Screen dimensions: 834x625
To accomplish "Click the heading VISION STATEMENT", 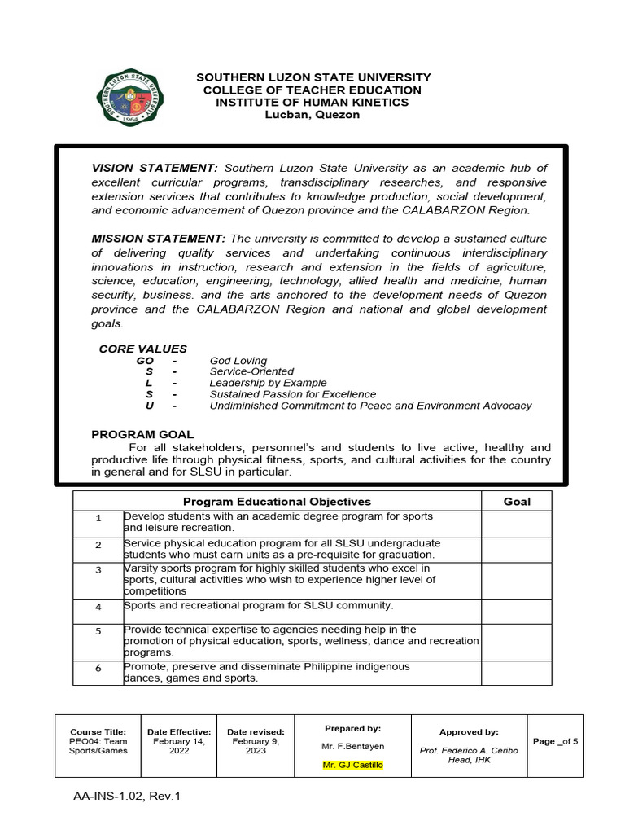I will (x=155, y=168).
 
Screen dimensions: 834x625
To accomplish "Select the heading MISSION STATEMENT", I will (x=158, y=238).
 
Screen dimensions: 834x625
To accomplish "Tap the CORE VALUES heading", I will (x=142, y=349).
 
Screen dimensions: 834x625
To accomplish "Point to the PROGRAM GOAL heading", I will (x=142, y=434).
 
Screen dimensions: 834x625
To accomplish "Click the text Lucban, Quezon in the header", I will (x=312, y=115).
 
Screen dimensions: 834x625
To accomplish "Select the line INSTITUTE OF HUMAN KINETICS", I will (x=312, y=103).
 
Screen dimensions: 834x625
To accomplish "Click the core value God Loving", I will (x=238, y=361).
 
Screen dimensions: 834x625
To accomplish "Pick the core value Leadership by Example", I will (x=268, y=383).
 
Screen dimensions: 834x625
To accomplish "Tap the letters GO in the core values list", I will (x=145, y=361).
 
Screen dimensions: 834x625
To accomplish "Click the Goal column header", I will (x=517, y=502).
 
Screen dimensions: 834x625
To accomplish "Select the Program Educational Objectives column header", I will (x=277, y=502).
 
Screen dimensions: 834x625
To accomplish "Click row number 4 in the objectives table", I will (x=98, y=607).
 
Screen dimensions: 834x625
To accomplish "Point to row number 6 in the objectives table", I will (x=98, y=668).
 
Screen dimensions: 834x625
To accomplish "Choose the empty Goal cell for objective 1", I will (x=517, y=524).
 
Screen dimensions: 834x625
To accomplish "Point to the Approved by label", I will (x=469, y=732).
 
